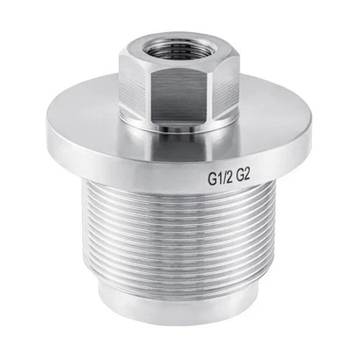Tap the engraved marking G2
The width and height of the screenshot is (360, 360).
243,176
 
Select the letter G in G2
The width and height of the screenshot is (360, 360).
240,177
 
